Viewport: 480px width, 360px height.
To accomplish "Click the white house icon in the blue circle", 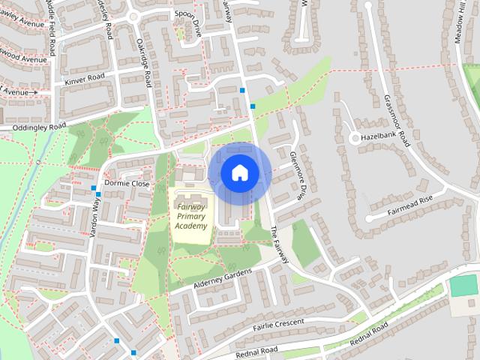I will click(x=239, y=172).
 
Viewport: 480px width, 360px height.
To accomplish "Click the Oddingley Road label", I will click(x=34, y=127).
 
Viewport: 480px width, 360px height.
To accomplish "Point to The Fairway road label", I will click(x=279, y=245).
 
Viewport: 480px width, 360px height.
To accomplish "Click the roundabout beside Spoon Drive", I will click(x=133, y=16).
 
